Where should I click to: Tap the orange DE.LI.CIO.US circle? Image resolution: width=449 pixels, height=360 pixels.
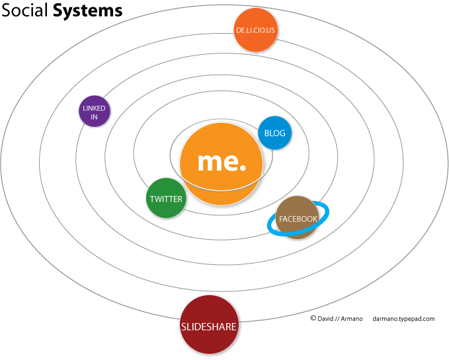pos(255,30)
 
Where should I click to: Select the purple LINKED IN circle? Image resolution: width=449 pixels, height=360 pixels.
pos(94,112)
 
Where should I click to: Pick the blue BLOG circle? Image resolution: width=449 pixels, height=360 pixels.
pos(274,133)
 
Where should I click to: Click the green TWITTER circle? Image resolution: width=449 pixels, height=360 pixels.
pos(165,199)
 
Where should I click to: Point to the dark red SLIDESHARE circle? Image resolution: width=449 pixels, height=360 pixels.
pos(209,325)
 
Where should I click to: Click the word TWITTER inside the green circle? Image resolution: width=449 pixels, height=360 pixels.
pos(165,199)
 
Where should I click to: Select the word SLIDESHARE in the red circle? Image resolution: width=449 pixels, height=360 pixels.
pos(209,326)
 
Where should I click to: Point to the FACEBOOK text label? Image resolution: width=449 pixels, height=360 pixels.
pos(298,219)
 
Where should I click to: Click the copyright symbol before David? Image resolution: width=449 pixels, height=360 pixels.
pos(313,318)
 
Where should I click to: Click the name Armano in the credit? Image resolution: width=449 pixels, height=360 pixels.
pos(351,318)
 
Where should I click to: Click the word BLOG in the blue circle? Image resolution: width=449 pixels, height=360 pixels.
pos(274,133)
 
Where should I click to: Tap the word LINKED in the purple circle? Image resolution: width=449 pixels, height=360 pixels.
pos(94,108)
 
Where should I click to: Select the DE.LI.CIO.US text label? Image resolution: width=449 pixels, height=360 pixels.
pos(255,30)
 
